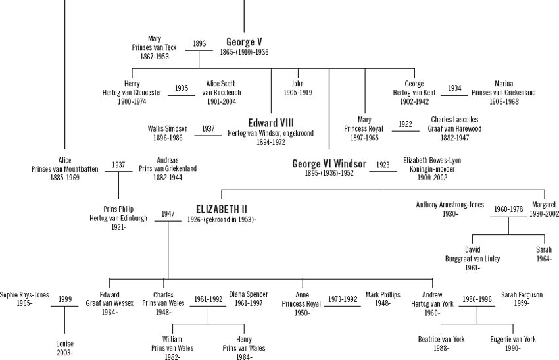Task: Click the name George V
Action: coord(244,41)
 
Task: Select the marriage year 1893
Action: coord(199,44)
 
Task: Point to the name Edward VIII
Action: coord(271,122)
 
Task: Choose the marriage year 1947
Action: coord(168,214)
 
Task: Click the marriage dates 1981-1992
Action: coord(208,299)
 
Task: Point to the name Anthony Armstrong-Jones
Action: coord(450,205)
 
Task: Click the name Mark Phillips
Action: coord(382,294)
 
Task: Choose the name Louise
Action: coord(65,344)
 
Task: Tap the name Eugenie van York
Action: coord(513,339)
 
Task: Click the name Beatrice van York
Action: coord(441,339)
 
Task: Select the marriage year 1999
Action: coord(65,299)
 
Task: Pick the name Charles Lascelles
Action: coord(456,120)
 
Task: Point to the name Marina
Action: coord(504,84)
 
